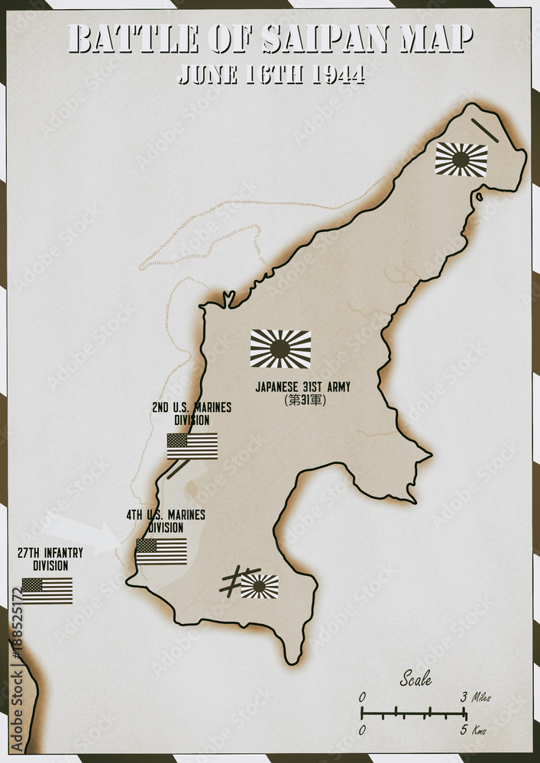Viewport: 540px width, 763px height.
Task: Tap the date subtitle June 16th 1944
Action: coord(270,74)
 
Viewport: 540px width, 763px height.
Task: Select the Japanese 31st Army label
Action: coord(303,387)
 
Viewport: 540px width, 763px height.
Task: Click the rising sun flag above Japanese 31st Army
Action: coord(280,349)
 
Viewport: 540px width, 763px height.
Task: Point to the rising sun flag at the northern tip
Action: coord(461,159)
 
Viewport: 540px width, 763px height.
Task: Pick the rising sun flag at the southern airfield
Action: coord(260,586)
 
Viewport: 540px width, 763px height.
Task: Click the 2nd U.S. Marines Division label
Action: coord(192,414)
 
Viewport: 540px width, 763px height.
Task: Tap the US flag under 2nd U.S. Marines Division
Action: coord(192,446)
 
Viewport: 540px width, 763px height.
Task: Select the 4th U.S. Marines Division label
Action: coord(166,520)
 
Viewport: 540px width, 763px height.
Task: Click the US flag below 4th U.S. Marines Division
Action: coord(161,551)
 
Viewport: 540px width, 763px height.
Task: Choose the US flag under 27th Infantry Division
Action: coord(47,590)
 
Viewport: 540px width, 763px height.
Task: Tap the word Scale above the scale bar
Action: coord(416,678)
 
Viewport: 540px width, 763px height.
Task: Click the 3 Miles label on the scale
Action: coord(475,697)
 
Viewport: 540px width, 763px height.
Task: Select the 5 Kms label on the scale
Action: coord(474,731)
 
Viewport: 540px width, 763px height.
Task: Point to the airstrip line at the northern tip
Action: coord(484,130)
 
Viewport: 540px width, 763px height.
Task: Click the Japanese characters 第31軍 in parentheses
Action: coord(304,400)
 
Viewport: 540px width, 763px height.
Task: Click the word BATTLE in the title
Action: coord(133,38)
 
